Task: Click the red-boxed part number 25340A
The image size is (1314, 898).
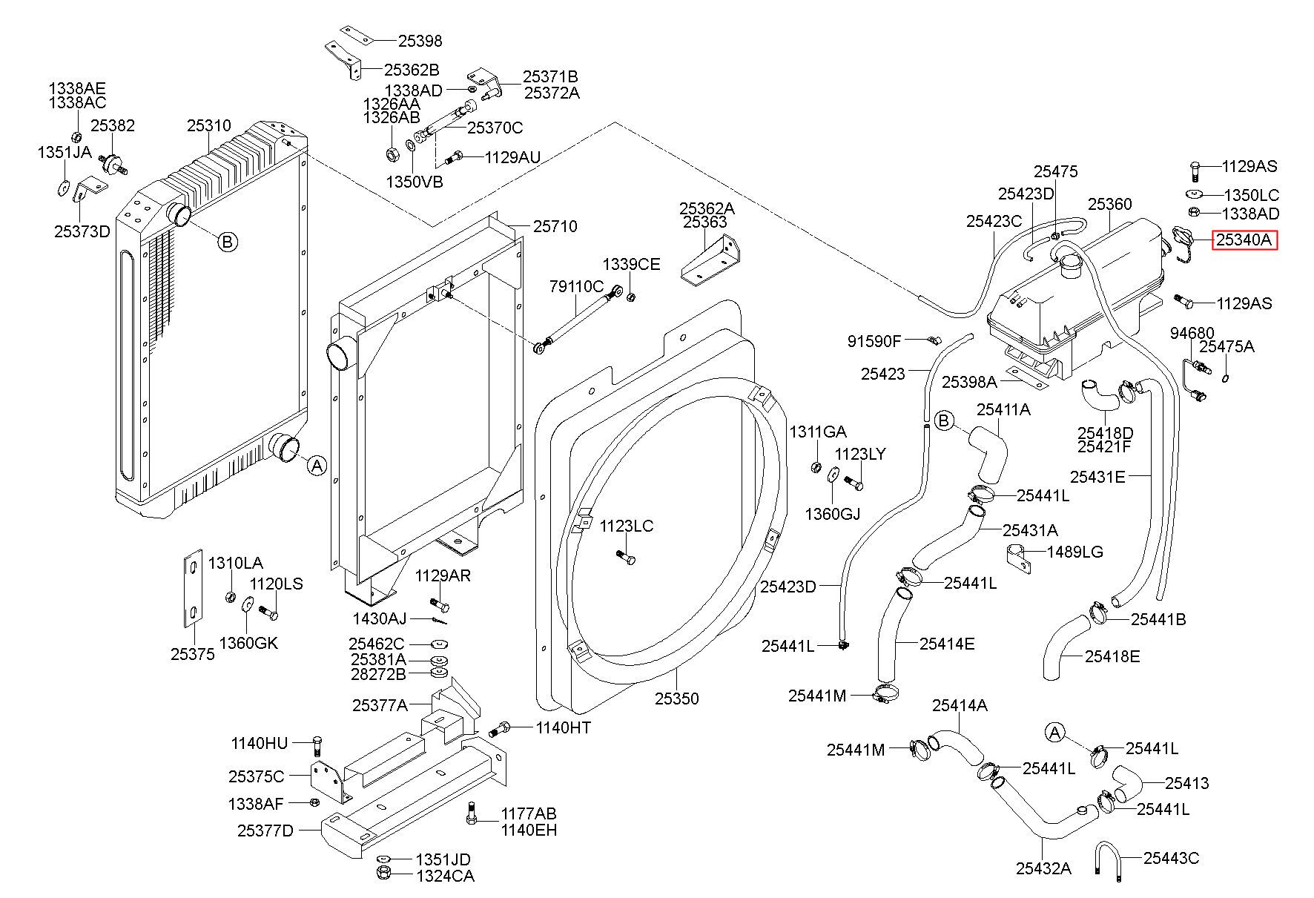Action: point(1244,240)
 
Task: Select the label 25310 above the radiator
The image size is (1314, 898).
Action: point(208,126)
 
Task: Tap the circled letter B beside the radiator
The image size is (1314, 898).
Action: point(228,241)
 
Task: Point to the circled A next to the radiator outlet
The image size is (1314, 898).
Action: point(317,466)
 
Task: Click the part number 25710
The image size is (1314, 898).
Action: point(555,226)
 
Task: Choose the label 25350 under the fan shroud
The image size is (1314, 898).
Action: point(676,699)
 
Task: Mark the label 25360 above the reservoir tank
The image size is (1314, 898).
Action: point(1110,204)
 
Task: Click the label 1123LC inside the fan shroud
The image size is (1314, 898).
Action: point(627,526)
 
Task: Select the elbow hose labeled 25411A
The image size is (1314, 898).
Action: point(988,453)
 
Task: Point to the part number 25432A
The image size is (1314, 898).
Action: point(1043,868)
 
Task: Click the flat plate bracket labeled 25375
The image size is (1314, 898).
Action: point(193,588)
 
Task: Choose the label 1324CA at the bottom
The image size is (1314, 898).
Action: point(445,876)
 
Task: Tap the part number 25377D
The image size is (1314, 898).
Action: point(265,831)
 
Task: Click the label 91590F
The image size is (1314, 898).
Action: point(874,341)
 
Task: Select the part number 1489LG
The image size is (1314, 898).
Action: point(1075,552)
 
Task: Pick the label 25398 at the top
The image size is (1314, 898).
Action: point(420,42)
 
